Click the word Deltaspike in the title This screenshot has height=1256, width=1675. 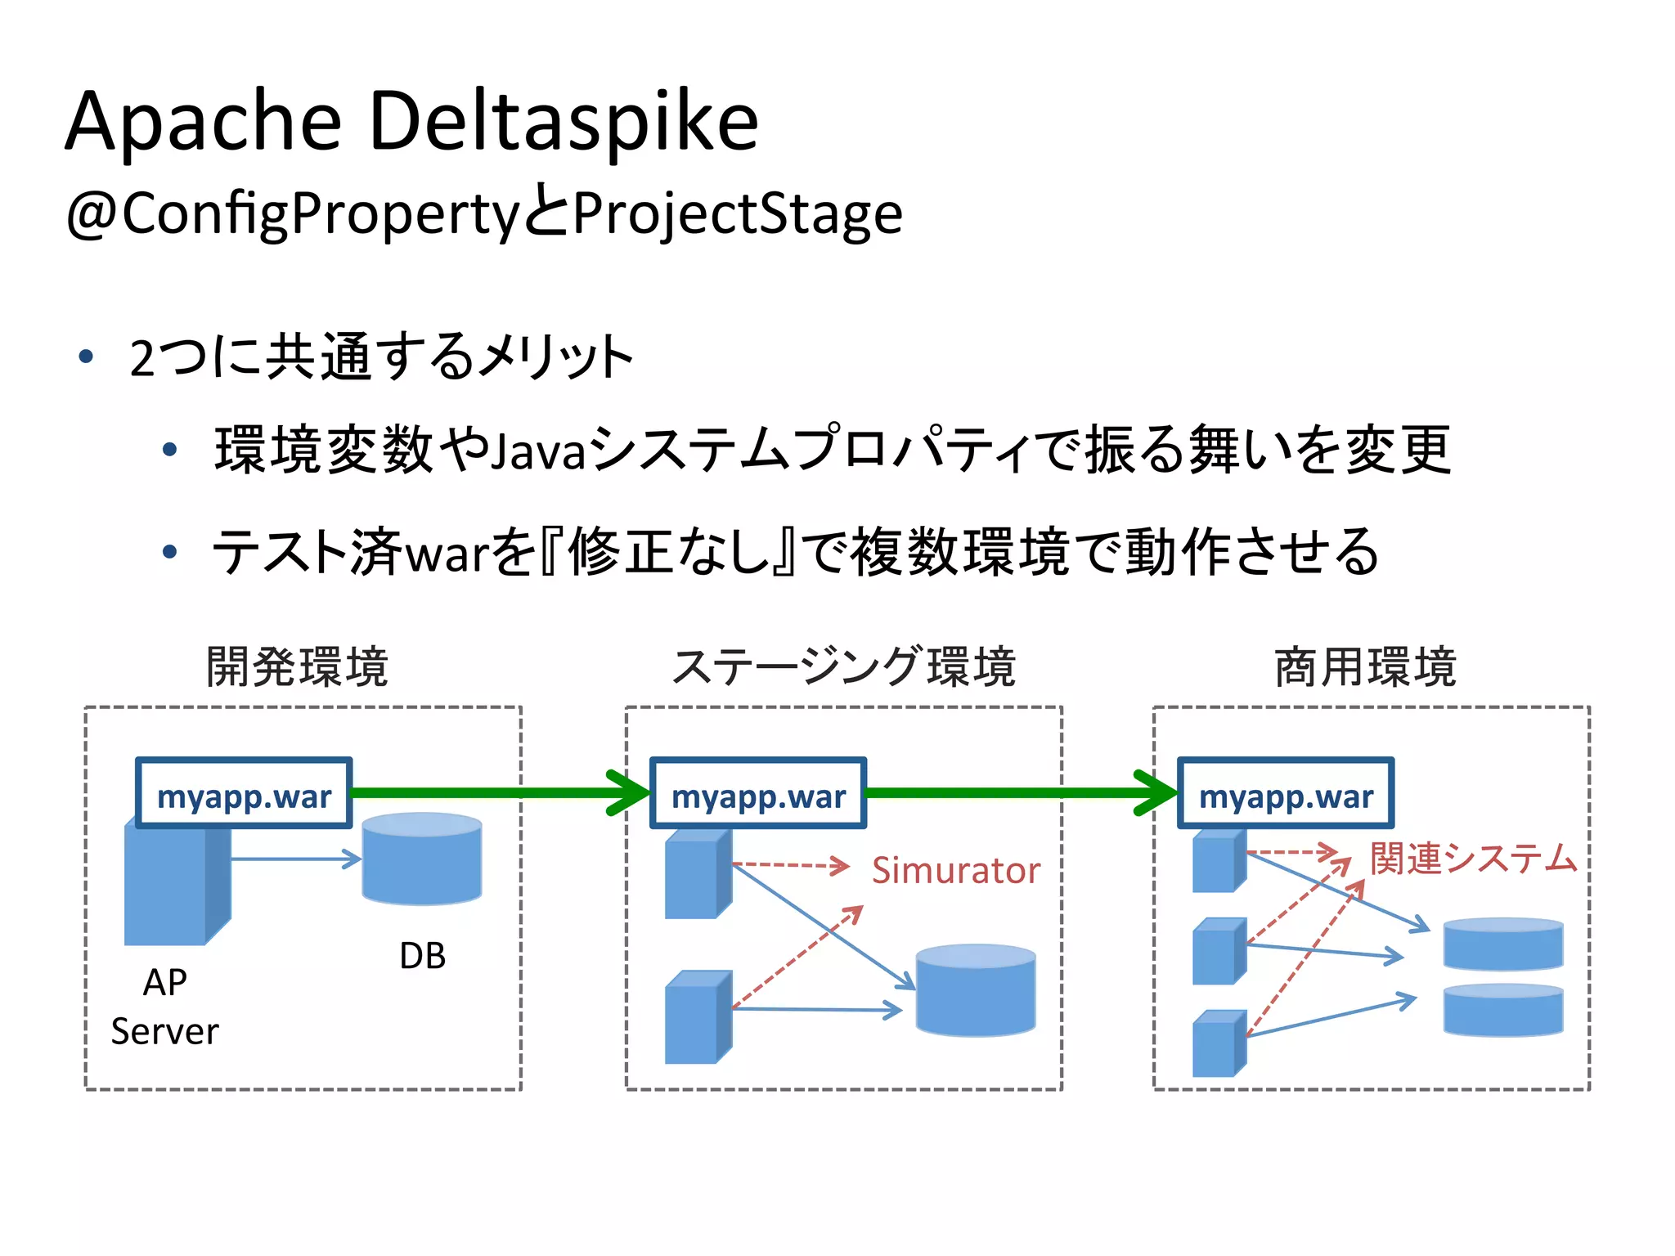(x=564, y=123)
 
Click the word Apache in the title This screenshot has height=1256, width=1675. (x=203, y=123)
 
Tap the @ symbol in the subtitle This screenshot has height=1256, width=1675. (x=92, y=214)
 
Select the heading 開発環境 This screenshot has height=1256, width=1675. (x=297, y=666)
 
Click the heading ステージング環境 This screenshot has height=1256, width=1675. (x=843, y=666)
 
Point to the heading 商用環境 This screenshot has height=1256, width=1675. (x=1365, y=666)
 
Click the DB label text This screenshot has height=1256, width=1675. (x=422, y=956)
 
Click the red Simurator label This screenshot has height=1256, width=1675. (x=955, y=870)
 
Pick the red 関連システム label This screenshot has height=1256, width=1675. (x=1473, y=859)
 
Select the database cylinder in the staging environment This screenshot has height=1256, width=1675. (x=976, y=992)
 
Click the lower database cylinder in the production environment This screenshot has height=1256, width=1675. (x=1503, y=1011)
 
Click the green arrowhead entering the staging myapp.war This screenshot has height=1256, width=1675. (x=631, y=792)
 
